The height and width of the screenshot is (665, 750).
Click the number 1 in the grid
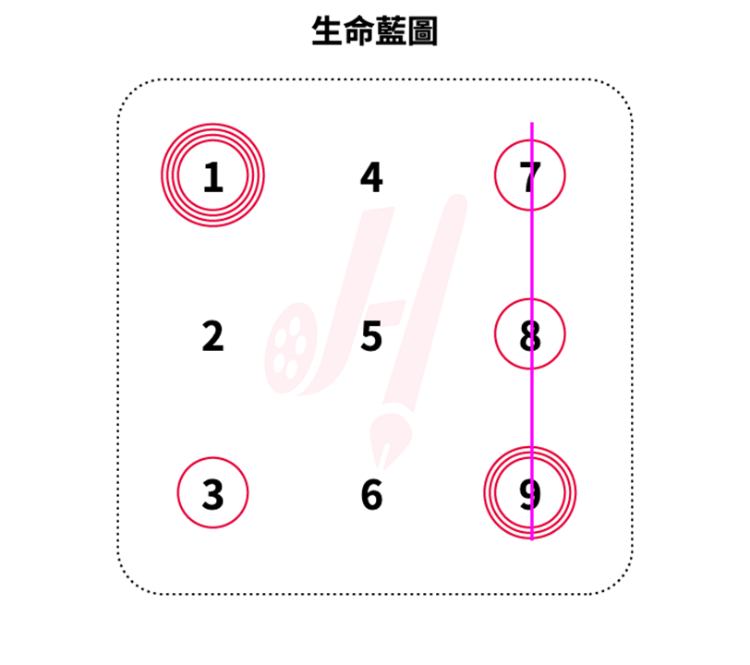(x=213, y=177)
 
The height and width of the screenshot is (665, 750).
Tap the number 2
(x=212, y=336)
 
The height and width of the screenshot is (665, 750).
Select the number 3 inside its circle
(x=212, y=494)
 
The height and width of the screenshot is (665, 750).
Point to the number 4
(x=371, y=177)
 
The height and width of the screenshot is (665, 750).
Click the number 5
(x=371, y=336)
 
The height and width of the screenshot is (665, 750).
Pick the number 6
(x=371, y=494)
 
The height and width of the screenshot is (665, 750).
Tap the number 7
(x=530, y=177)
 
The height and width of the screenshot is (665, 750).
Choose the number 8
(x=530, y=335)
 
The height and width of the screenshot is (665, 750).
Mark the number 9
(x=530, y=494)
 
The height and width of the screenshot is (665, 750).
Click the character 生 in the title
(x=327, y=30)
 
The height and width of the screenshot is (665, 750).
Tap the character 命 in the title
(x=358, y=30)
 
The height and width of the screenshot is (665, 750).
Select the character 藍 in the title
(x=391, y=30)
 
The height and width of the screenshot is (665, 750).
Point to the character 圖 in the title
(x=422, y=30)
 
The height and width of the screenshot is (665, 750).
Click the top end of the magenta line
(x=532, y=123)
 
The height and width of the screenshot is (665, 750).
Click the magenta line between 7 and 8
(x=532, y=255)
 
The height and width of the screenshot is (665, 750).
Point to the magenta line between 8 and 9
(x=532, y=407)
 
